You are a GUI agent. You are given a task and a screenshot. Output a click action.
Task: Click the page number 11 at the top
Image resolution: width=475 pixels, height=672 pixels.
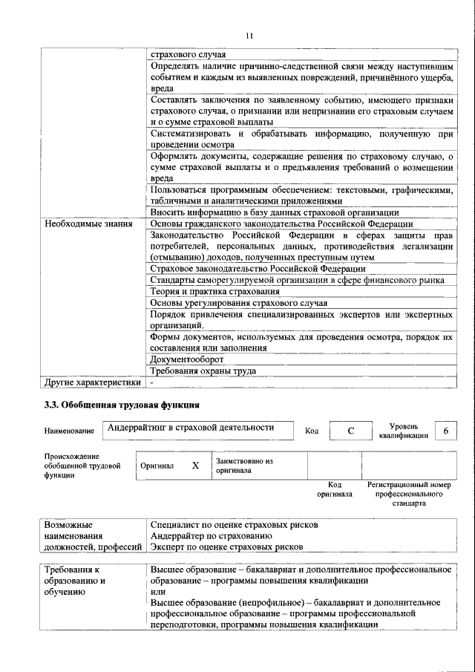click(x=249, y=35)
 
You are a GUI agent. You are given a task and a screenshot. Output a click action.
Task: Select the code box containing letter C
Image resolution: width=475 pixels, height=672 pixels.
click(x=350, y=431)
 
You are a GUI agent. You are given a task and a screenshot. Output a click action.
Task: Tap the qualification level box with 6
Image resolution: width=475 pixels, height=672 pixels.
click(x=445, y=431)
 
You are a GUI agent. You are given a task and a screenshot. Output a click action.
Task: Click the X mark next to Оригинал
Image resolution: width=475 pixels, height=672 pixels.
click(x=195, y=466)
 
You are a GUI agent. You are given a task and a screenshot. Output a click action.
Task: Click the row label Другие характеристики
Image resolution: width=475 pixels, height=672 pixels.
click(x=92, y=382)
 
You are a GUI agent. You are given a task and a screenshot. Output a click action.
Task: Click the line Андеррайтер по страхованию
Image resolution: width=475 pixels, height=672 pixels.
click(x=211, y=535)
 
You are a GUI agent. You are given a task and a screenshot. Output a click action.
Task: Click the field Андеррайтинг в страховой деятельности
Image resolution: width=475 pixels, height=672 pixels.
click(x=191, y=428)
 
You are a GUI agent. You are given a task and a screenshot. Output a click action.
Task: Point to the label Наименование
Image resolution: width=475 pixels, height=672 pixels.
click(x=69, y=431)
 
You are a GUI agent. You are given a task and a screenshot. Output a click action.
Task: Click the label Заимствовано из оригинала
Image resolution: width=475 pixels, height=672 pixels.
click(x=244, y=466)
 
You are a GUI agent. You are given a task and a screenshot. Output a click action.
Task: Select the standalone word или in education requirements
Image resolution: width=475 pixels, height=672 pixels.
click(x=157, y=591)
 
